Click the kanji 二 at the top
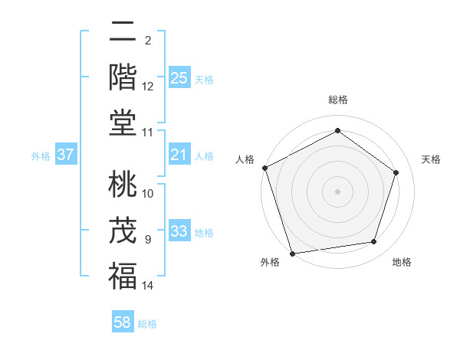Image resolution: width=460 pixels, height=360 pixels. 123,34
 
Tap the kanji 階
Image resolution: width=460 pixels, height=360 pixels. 123,77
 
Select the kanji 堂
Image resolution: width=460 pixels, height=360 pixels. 123,122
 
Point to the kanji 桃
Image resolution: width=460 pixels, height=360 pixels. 123,185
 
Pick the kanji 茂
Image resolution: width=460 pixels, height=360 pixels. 123,231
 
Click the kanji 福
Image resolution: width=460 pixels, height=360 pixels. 123,275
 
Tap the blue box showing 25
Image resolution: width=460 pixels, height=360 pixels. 179,77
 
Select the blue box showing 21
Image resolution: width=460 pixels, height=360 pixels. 179,155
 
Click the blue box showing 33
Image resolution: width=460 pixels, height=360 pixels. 179,231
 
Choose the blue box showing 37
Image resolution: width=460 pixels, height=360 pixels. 66,155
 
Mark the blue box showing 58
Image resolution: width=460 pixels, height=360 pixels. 123,322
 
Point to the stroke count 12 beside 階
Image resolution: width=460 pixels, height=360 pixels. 148,87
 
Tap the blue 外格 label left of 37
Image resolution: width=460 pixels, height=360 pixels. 41,156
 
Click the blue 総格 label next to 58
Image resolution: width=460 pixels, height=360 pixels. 147,324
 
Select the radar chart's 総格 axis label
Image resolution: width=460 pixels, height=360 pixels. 337,100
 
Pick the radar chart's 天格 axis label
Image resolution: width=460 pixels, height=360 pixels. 431,159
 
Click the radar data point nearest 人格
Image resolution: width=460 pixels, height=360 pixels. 264,167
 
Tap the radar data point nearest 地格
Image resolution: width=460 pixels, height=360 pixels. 374,242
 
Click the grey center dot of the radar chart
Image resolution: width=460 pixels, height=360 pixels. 337,191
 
